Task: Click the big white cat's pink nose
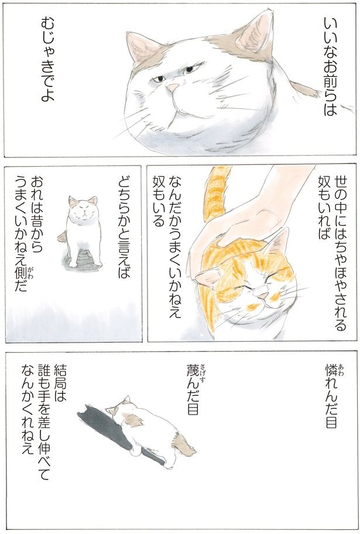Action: (x=172, y=88)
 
